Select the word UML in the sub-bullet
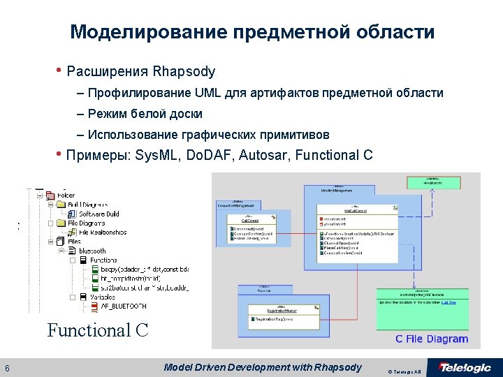click(207, 93)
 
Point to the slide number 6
click(7, 369)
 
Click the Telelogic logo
click(465, 367)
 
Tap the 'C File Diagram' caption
click(431, 339)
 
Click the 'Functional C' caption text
click(98, 330)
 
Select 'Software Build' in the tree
click(99, 214)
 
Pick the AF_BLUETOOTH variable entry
click(123, 306)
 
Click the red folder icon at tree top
click(50, 195)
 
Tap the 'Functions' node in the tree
click(103, 260)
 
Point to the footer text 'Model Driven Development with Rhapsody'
click(263, 367)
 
